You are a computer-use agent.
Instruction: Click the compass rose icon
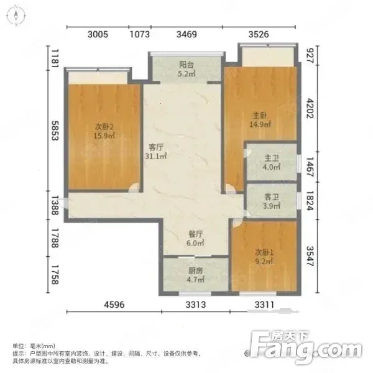[16, 16]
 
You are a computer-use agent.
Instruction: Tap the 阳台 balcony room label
[186, 65]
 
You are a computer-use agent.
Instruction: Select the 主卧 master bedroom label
[259, 116]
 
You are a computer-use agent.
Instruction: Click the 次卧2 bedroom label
[104, 127]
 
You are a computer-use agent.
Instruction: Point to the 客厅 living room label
[156, 147]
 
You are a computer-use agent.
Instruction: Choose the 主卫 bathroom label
[272, 158]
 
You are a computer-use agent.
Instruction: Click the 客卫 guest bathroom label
[272, 197]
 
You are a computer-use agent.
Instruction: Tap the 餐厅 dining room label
[196, 234]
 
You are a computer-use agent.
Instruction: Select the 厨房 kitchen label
[196, 270]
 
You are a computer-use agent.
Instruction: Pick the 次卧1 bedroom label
[264, 252]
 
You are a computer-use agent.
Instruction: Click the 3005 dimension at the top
[98, 34]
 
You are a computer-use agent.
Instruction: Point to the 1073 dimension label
[140, 34]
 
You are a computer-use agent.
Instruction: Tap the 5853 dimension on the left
[55, 131]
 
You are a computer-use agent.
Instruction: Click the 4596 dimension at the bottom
[114, 305]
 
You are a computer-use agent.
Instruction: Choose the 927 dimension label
[310, 56]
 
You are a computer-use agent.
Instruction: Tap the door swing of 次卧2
[134, 187]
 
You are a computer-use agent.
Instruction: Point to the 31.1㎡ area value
[156, 156]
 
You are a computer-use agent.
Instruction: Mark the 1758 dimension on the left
[55, 275]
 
